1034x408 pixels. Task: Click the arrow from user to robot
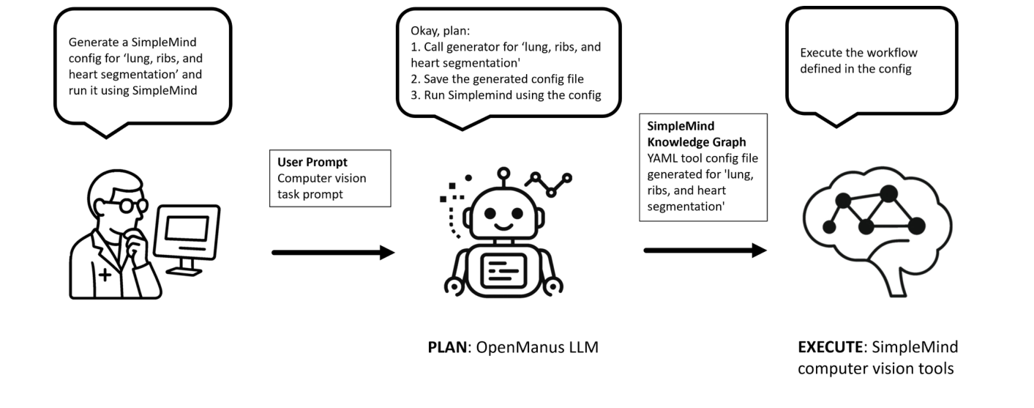[333, 253]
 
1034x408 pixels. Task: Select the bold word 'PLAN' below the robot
[447, 347]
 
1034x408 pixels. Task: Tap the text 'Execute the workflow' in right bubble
[858, 53]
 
